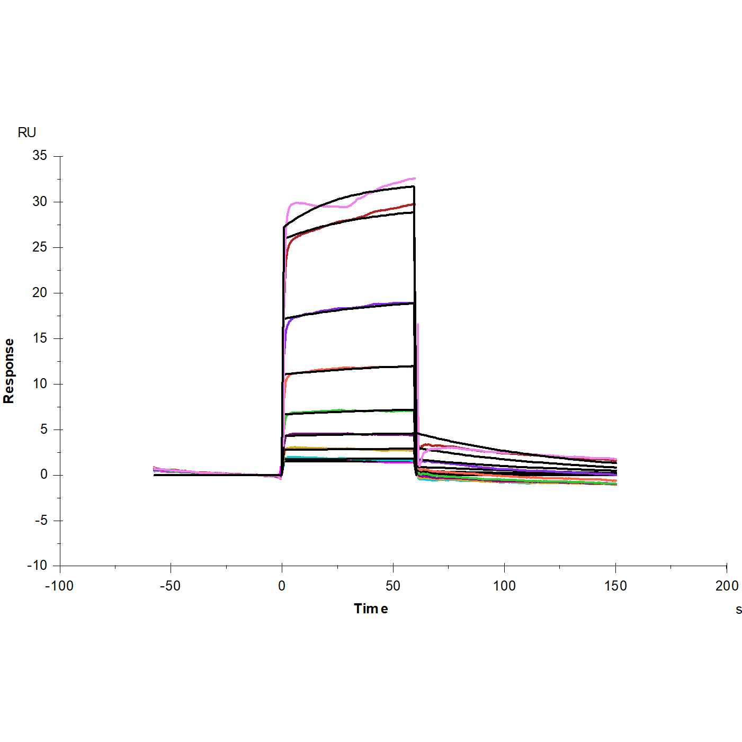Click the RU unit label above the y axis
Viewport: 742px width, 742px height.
point(27,132)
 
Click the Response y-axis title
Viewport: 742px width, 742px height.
point(9,371)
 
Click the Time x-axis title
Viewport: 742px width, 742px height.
point(371,609)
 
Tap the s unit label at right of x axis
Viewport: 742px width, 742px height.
point(738,610)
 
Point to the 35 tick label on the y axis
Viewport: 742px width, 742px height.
point(40,156)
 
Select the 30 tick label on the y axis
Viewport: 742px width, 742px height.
point(40,201)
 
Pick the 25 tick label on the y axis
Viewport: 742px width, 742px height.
point(40,247)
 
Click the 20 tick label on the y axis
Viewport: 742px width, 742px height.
point(40,292)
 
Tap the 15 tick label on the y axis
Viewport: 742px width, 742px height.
point(40,338)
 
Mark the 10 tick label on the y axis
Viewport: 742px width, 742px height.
point(40,383)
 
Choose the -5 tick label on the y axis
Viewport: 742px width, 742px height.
point(41,520)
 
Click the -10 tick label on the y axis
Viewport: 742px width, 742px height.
point(37,566)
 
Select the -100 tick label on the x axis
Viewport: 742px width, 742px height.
point(59,586)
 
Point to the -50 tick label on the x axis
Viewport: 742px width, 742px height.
point(171,586)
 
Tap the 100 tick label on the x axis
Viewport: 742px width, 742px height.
point(504,586)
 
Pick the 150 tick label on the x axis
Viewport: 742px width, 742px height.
point(615,586)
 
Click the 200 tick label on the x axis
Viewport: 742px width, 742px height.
point(727,586)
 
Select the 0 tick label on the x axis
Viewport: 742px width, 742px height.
point(282,586)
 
